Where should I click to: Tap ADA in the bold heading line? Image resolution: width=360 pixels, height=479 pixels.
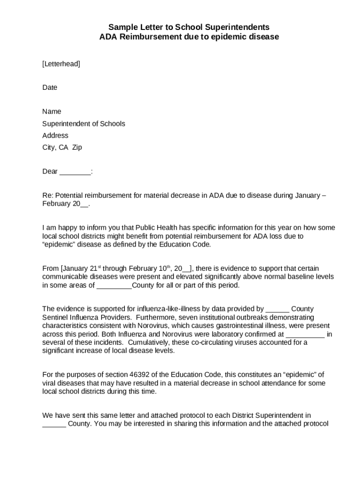pyautogui.click(x=108, y=36)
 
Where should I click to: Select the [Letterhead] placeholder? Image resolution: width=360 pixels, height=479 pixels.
pyautogui.click(x=61, y=64)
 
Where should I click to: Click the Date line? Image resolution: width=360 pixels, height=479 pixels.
pyautogui.click(x=50, y=87)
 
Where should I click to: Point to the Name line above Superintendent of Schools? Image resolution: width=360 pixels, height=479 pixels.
pyautogui.click(x=51, y=111)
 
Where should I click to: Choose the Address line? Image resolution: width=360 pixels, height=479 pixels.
pyautogui.click(x=55, y=135)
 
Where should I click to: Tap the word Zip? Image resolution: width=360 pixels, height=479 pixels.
pyautogui.click(x=77, y=147)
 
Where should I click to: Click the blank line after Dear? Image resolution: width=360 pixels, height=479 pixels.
pyautogui.click(x=75, y=171)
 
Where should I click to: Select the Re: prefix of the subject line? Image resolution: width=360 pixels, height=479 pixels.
pyautogui.click(x=48, y=195)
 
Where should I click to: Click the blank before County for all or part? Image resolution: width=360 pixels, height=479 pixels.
pyautogui.click(x=114, y=285)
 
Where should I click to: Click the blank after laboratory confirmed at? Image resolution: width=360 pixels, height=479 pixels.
pyautogui.click(x=304, y=334)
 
